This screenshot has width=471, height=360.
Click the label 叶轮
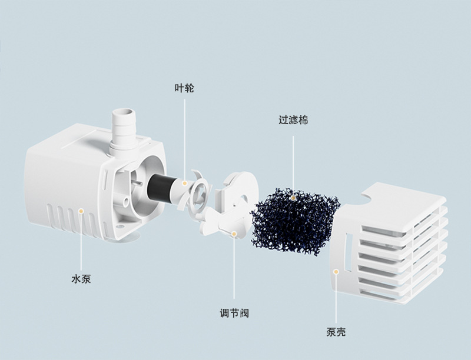(184, 89)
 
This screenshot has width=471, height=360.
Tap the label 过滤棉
(293, 120)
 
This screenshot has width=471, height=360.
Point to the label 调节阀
(234, 313)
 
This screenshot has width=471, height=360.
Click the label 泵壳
(336, 332)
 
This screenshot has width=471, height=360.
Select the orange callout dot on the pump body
(81, 210)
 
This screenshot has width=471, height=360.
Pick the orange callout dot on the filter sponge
(294, 198)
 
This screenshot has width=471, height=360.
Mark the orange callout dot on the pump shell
(336, 271)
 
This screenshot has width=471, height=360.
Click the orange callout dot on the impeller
(184, 184)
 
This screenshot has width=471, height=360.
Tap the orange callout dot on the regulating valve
(234, 234)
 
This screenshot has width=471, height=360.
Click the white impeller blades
(192, 192)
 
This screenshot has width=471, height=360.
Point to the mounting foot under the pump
(134, 238)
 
